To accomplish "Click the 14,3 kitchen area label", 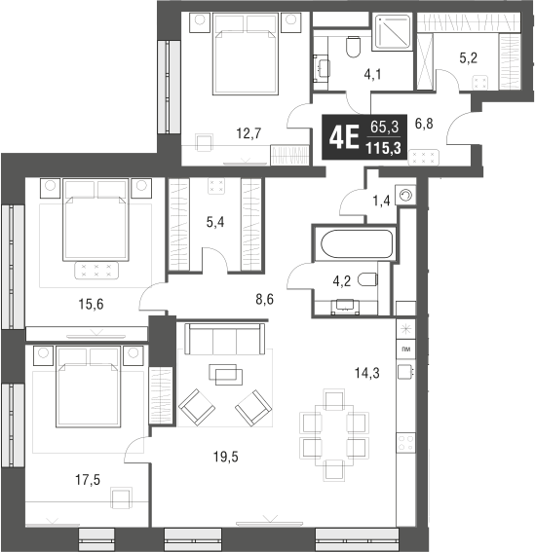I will (x=367, y=370).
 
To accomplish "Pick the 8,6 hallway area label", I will (x=262, y=300).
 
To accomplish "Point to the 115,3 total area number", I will (x=385, y=147).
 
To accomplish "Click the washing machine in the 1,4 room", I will (x=405, y=195).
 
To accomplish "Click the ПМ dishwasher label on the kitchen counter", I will (x=405, y=348).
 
